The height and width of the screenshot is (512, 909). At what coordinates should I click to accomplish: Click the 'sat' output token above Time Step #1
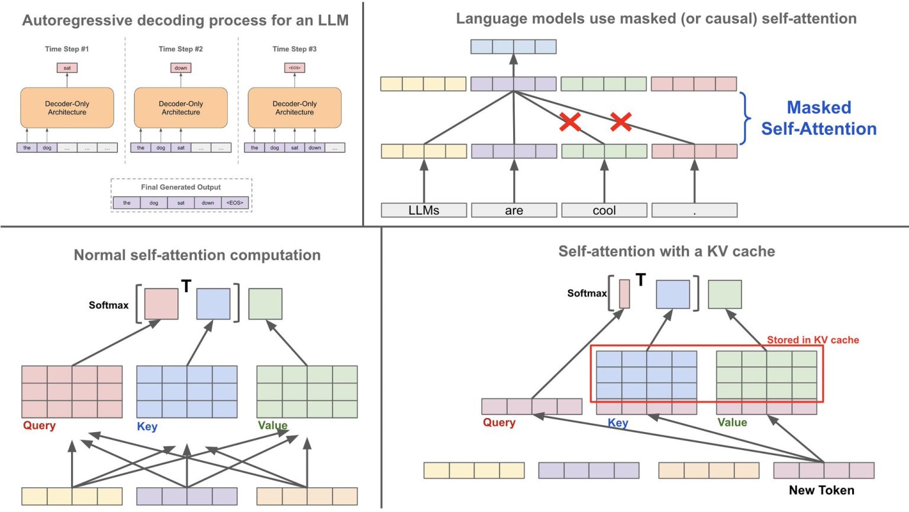[67, 68]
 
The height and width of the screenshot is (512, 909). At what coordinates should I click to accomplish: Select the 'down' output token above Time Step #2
[180, 68]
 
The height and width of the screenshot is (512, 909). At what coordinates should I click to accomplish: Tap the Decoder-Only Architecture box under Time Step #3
[294, 108]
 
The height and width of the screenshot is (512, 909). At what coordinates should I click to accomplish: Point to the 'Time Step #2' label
[180, 49]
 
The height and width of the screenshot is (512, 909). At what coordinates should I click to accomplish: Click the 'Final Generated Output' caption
[180, 187]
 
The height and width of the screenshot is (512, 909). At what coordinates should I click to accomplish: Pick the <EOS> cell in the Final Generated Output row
[235, 203]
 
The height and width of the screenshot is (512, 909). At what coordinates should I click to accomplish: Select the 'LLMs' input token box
[424, 210]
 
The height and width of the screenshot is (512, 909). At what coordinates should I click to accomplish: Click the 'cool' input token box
[604, 210]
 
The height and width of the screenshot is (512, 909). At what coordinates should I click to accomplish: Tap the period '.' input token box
[694, 210]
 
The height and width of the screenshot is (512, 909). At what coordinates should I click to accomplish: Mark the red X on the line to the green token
[570, 122]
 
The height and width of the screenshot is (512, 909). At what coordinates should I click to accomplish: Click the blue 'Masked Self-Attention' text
[818, 118]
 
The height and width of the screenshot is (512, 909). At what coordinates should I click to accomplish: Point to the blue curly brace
[746, 118]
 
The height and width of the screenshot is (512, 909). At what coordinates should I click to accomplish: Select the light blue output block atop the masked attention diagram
[513, 47]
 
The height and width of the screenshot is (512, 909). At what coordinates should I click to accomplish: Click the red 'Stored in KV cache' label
[813, 340]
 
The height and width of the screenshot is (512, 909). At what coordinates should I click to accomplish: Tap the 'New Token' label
[821, 490]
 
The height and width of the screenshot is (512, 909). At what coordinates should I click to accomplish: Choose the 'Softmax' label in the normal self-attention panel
[108, 305]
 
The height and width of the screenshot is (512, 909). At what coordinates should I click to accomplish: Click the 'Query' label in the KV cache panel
[499, 423]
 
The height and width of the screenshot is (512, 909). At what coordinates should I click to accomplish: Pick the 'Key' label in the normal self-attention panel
[147, 426]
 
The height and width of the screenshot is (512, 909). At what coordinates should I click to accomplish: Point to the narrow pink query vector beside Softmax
[624, 294]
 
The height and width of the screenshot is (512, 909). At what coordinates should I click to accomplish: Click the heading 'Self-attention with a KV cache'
[666, 252]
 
